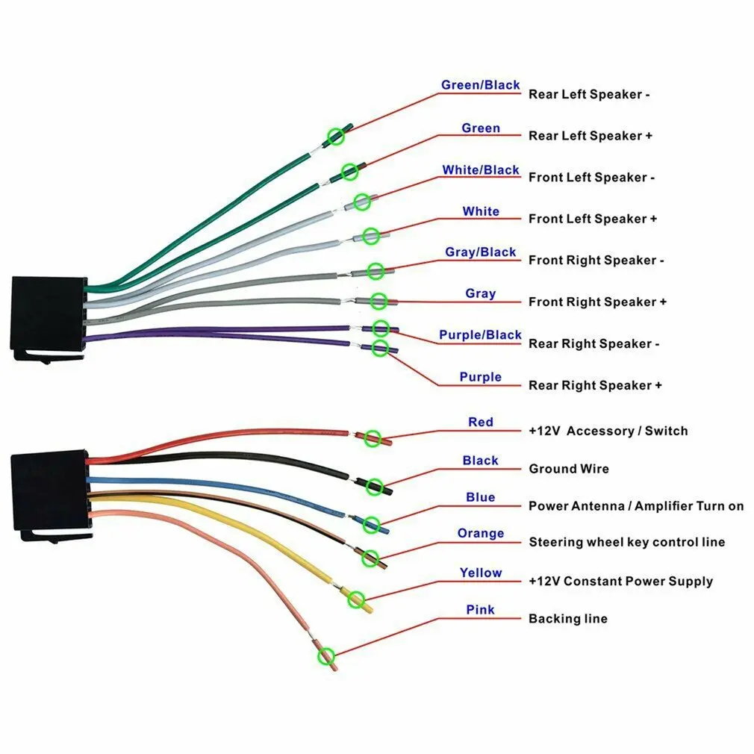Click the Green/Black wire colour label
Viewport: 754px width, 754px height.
click(x=480, y=85)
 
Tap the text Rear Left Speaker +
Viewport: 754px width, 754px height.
click(x=591, y=136)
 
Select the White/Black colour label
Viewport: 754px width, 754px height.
click(x=480, y=170)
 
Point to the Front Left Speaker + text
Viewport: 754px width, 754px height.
click(x=593, y=219)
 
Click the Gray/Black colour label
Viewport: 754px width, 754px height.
click(x=480, y=252)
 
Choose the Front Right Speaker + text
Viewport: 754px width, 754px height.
click(x=597, y=302)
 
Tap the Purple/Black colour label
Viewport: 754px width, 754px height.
click(x=480, y=335)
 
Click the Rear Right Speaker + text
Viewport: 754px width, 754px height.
click(x=595, y=385)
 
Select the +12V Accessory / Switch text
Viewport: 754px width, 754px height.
click(x=608, y=431)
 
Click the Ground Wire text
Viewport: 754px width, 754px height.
click(x=569, y=469)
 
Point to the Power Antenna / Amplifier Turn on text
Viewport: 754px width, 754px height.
click(x=636, y=506)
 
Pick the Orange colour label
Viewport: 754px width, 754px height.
click(x=480, y=534)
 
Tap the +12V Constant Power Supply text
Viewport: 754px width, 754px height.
click(x=620, y=582)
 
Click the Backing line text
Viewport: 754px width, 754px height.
click(x=567, y=619)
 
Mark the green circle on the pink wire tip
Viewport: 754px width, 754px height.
click(x=325, y=656)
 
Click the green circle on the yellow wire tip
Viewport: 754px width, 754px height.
click(x=357, y=599)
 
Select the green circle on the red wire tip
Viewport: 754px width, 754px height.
click(x=373, y=438)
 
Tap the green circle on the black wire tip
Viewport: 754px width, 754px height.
click(x=376, y=486)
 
